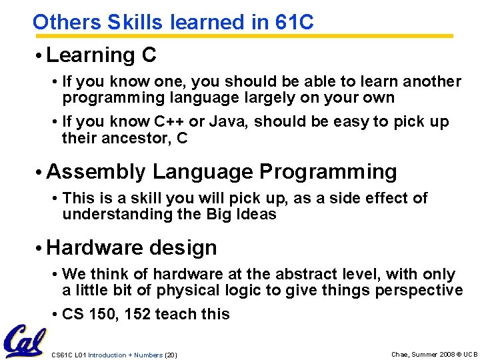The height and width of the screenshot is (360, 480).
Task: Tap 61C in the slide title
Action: [x=294, y=22]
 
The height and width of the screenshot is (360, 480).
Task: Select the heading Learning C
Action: [x=101, y=55]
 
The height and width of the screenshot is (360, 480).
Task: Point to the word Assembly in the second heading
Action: [x=96, y=171]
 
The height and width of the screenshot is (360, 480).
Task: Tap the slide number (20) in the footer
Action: [x=171, y=355]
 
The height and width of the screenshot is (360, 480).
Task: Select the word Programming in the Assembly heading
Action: [x=328, y=171]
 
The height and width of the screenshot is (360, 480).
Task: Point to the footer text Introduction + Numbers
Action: [x=125, y=355]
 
